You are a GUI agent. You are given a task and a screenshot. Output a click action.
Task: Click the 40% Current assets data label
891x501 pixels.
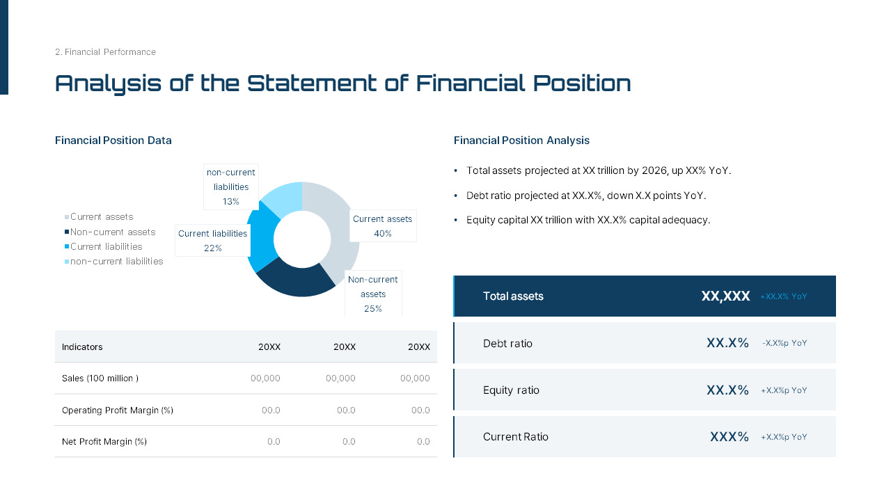pos(382,226)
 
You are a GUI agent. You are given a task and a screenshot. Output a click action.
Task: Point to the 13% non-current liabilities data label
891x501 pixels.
pos(231,186)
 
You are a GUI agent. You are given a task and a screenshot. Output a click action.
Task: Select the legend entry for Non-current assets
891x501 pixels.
pos(113,232)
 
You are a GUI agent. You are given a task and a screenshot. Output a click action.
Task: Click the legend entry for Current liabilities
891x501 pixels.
pos(106,246)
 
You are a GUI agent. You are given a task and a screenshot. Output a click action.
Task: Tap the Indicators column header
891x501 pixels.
pos(82,347)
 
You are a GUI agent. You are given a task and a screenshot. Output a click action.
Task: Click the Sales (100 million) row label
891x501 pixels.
pos(100,378)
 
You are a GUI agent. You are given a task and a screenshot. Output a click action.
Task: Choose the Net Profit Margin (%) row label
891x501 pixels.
pos(104,441)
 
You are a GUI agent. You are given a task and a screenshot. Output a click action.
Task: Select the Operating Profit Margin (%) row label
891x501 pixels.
pos(118,410)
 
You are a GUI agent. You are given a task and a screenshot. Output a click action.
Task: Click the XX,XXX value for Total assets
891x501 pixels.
pos(725,296)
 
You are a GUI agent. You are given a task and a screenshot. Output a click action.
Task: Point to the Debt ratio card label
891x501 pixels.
pos(507,343)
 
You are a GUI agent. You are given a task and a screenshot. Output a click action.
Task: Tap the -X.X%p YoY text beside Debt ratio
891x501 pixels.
pos(784,343)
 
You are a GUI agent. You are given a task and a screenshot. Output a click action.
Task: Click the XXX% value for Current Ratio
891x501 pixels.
pos(729,437)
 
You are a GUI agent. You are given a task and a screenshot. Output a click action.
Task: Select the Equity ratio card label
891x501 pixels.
pos(511,390)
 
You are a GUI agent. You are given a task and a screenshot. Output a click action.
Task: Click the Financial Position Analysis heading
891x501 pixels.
pos(521,141)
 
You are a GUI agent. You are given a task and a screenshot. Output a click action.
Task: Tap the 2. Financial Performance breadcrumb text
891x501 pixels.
pos(105,52)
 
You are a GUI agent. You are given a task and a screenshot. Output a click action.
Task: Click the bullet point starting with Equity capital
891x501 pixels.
pos(588,220)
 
